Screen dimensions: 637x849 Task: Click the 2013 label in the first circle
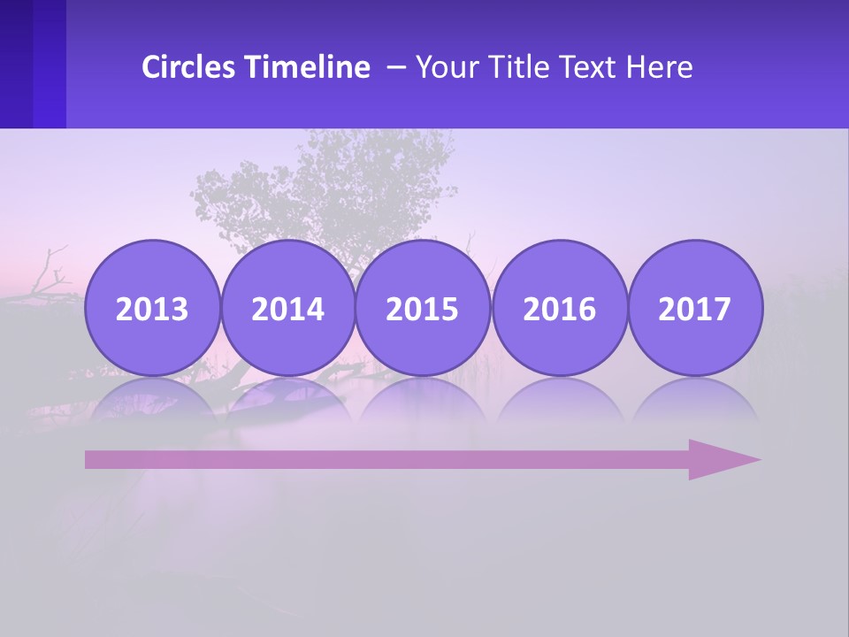click(x=152, y=310)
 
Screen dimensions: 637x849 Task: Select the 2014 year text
click(x=287, y=310)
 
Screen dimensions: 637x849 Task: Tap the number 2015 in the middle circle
click(x=423, y=310)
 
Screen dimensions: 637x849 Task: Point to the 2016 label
click(x=560, y=310)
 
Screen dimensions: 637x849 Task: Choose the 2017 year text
click(x=695, y=310)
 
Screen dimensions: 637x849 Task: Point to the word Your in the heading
click(x=447, y=67)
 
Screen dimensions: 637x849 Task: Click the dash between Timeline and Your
click(x=396, y=67)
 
